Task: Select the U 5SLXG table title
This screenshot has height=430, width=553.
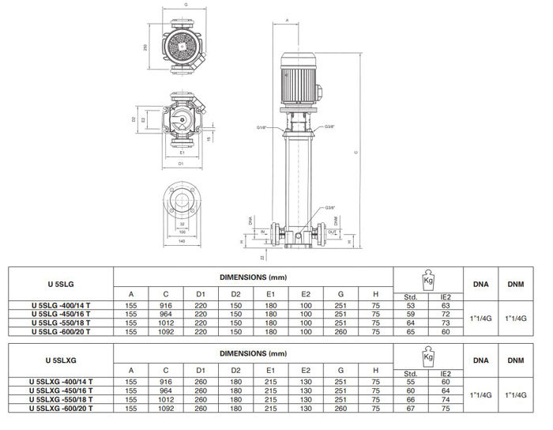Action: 62,360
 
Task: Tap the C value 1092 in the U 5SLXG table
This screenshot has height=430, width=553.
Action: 164,408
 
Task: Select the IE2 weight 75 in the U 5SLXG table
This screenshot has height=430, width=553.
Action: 446,408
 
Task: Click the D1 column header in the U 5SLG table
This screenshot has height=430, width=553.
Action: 201,294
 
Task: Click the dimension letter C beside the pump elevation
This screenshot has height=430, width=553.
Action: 357,152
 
